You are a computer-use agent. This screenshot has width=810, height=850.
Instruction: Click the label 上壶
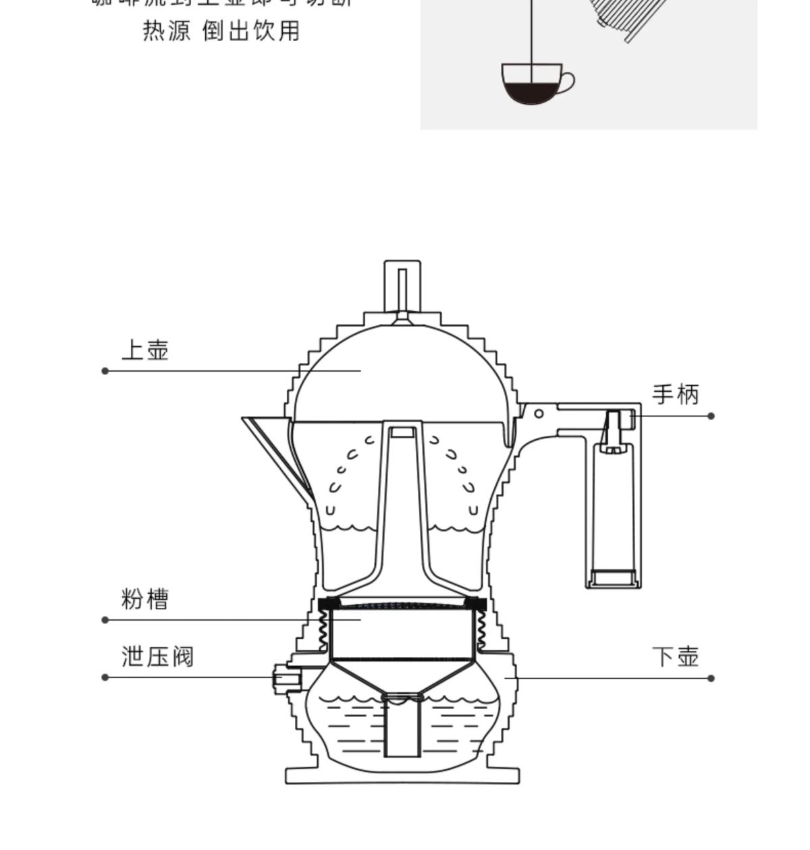(144, 351)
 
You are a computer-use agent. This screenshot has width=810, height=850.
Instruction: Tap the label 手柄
(675, 395)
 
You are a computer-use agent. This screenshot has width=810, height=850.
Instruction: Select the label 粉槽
(144, 599)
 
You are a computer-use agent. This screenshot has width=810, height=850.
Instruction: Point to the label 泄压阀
(157, 656)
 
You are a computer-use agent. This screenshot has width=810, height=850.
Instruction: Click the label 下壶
(675, 656)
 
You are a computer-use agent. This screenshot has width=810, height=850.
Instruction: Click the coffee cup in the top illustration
(532, 84)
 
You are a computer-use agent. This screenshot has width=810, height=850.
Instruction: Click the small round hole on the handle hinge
(539, 413)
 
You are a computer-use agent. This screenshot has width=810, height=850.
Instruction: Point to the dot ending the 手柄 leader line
(711, 416)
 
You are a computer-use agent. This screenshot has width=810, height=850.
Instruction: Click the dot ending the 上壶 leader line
(105, 371)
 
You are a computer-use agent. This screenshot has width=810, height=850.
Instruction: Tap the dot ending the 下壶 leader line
(711, 678)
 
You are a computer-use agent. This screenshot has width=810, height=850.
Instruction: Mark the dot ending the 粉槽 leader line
(105, 620)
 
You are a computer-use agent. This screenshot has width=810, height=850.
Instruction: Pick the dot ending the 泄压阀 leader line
(105, 677)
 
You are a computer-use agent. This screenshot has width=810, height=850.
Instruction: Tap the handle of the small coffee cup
(568, 82)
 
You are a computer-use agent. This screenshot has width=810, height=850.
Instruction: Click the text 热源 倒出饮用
(221, 32)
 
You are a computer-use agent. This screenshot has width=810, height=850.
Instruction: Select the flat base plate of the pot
(402, 775)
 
